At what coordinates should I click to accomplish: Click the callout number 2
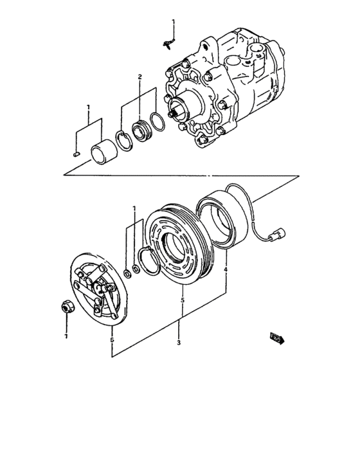click(139, 77)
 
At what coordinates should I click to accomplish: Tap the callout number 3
click(178, 343)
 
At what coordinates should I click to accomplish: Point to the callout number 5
click(182, 300)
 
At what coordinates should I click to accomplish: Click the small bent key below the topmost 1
click(168, 43)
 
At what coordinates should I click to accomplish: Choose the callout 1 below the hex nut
click(65, 336)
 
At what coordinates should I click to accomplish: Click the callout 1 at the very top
click(172, 23)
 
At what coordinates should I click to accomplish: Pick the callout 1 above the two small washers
click(134, 208)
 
